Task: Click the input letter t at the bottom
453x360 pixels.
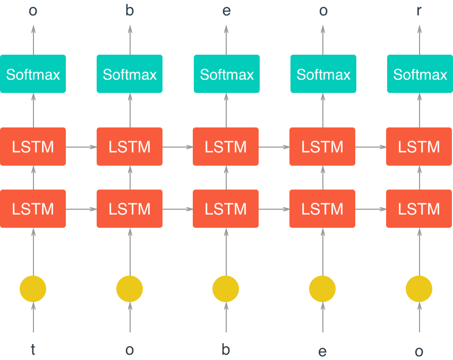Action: (x=33, y=349)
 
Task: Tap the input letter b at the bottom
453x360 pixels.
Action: (x=226, y=349)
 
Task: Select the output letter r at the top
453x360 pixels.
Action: (x=420, y=11)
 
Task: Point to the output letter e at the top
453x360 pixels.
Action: (x=226, y=11)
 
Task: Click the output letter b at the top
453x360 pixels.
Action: (x=130, y=11)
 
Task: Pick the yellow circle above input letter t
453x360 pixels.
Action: (x=33, y=289)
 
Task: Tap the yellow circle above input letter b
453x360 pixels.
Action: (x=226, y=289)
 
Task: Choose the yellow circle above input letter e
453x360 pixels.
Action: (x=322, y=289)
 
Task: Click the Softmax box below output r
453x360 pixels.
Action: (x=420, y=74)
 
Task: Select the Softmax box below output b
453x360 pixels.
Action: (x=130, y=74)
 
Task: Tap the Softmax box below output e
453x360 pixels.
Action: (x=226, y=74)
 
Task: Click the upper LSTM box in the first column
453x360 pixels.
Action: (x=33, y=146)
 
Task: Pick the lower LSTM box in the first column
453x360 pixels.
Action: (x=33, y=208)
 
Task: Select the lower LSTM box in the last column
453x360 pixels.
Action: (x=420, y=208)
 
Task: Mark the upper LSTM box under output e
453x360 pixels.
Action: (x=226, y=146)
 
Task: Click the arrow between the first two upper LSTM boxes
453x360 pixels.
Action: (x=81, y=147)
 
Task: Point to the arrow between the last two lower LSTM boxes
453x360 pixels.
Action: (x=371, y=209)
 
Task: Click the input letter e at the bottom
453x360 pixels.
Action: (x=322, y=351)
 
